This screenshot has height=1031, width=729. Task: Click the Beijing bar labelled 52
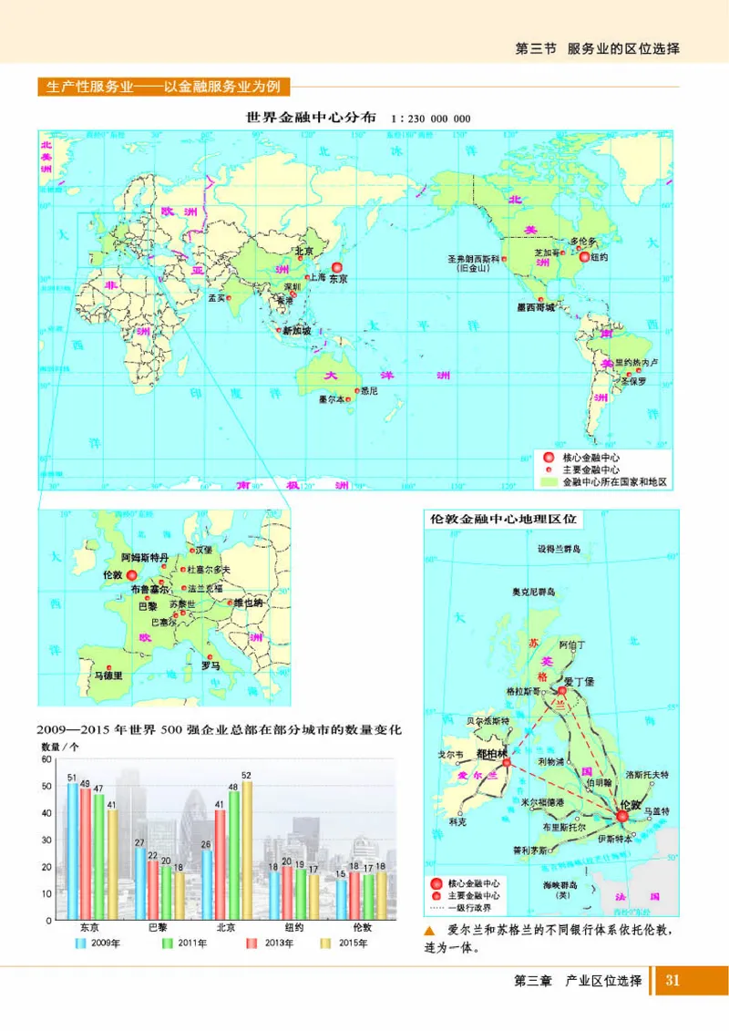(x=247, y=851)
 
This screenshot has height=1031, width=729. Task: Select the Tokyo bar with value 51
(x=73, y=851)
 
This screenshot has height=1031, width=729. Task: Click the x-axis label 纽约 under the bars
(x=293, y=927)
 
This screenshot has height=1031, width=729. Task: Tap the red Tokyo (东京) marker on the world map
(x=337, y=269)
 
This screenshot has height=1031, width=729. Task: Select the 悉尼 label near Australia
(x=369, y=391)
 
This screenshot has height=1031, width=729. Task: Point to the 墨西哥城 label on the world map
(x=536, y=308)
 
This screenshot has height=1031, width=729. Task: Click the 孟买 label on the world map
(x=217, y=298)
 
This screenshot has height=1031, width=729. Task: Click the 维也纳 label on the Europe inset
(x=249, y=603)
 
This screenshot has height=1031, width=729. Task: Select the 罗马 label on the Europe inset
(x=210, y=666)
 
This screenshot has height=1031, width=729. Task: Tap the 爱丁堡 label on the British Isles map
(x=580, y=681)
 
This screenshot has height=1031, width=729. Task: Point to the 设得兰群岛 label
(x=559, y=550)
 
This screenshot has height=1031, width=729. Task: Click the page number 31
(x=673, y=981)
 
